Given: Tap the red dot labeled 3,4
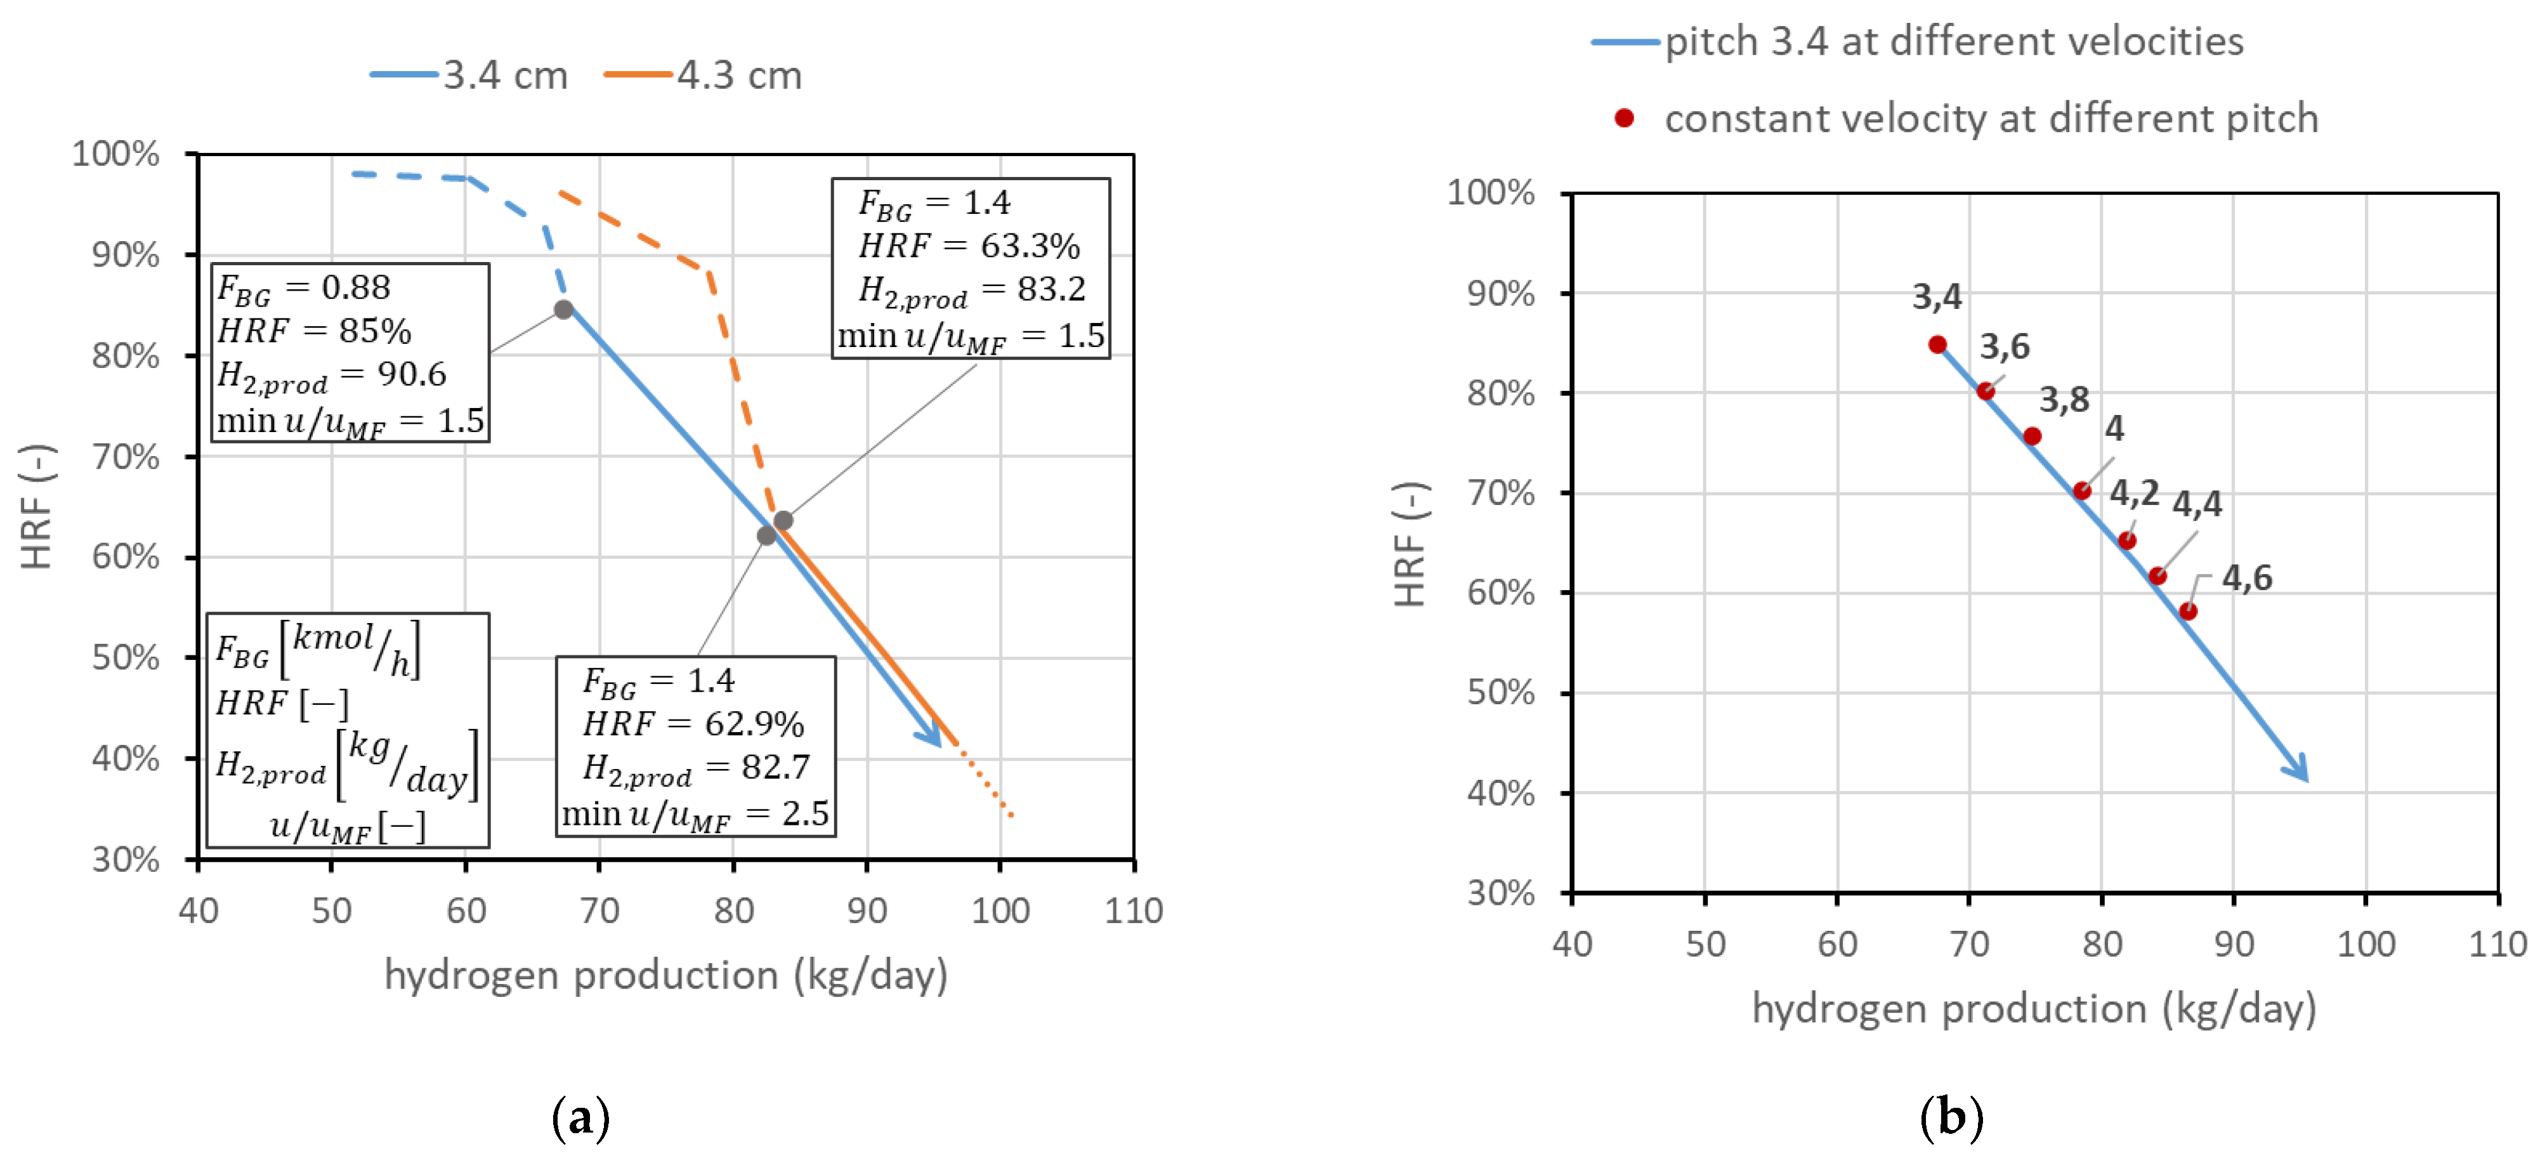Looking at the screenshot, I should click(x=1937, y=345).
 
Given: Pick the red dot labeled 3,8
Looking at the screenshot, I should click(x=2033, y=436).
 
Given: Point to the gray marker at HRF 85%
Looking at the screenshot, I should click(x=563, y=310).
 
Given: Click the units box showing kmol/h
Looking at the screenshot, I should click(x=347, y=729).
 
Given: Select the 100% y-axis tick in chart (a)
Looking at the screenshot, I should click(x=115, y=154).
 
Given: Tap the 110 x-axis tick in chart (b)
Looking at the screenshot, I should click(x=2497, y=944).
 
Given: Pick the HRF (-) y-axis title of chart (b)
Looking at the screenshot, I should click(x=1410, y=544).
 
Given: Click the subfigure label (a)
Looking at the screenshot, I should click(x=581, y=1117).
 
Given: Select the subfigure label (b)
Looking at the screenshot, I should click(x=1951, y=1117).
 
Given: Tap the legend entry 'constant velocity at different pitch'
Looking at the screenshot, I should click(x=1991, y=119).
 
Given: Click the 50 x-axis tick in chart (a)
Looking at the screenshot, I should click(x=332, y=909).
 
